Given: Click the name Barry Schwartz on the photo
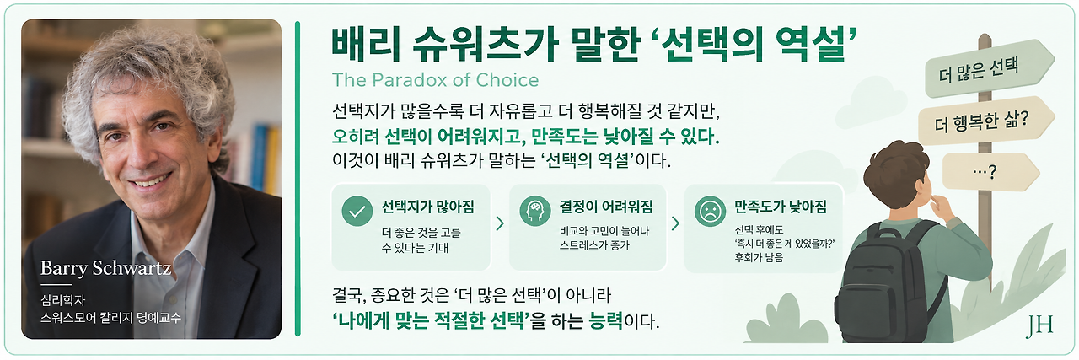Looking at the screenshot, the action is [x=106, y=268].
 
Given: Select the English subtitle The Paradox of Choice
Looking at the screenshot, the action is [x=436, y=80].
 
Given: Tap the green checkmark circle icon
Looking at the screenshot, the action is [x=357, y=211].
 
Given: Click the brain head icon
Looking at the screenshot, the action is [x=535, y=211].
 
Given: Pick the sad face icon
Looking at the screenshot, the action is [x=710, y=211].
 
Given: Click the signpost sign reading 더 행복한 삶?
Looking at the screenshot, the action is [x=985, y=121].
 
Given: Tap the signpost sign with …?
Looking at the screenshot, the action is [x=990, y=172].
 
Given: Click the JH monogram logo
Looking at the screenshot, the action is [x=1039, y=327].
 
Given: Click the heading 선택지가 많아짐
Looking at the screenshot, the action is [x=427, y=207].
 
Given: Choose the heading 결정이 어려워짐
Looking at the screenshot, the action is [x=606, y=207].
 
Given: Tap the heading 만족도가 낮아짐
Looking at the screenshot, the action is [x=781, y=207].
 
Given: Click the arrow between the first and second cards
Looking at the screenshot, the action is [x=500, y=223].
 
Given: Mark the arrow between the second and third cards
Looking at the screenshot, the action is [x=675, y=223].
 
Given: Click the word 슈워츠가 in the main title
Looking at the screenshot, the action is [x=486, y=45].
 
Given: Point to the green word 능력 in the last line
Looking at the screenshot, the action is [x=605, y=320].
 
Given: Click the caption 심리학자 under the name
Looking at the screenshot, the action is [x=62, y=300].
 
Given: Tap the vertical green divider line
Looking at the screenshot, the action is [x=298, y=178].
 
